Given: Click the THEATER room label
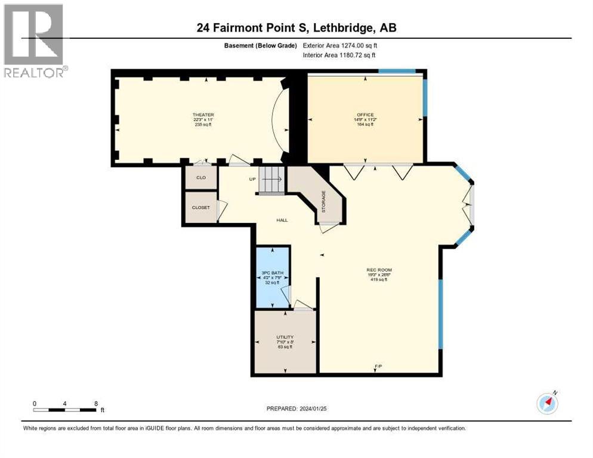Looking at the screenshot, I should click(x=203, y=114).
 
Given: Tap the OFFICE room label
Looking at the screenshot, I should click(x=365, y=114).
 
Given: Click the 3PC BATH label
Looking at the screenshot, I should click(x=271, y=273).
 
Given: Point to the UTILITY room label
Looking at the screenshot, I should click(x=285, y=337).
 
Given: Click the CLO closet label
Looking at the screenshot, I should click(x=200, y=178).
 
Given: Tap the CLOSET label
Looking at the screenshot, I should click(x=200, y=208).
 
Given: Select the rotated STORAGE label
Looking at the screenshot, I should click(x=323, y=202).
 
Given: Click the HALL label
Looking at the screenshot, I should click(x=282, y=220).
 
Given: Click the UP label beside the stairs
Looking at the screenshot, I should click(x=252, y=179).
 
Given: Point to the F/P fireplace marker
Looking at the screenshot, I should click(x=378, y=366).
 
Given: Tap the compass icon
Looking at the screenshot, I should click(x=547, y=404).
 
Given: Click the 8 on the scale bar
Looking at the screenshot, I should click(x=96, y=403).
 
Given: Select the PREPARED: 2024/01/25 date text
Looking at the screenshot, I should click(x=296, y=409).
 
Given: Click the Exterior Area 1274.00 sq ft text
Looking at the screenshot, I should click(x=340, y=45).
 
